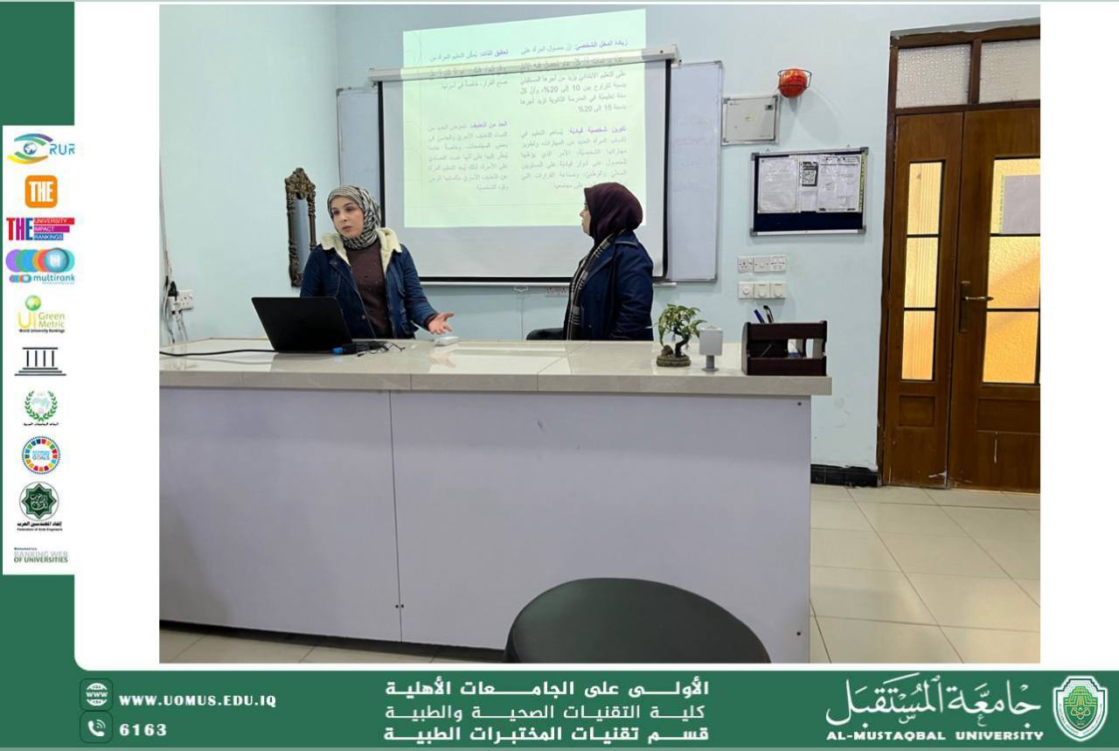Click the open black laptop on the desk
tap(302, 324)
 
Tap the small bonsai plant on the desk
tap(678, 333)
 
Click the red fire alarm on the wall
tap(793, 82)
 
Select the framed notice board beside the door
tap(809, 191)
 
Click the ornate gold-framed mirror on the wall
tap(300, 223)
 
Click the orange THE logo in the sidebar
tap(40, 191)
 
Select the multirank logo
tap(40, 266)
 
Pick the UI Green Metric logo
tap(40, 315)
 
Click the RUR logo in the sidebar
tap(40, 149)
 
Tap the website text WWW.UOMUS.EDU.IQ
tap(198, 701)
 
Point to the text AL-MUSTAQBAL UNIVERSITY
tap(935, 735)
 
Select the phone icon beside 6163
tap(96, 727)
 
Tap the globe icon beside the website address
tap(96, 696)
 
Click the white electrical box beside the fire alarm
tap(749, 120)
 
